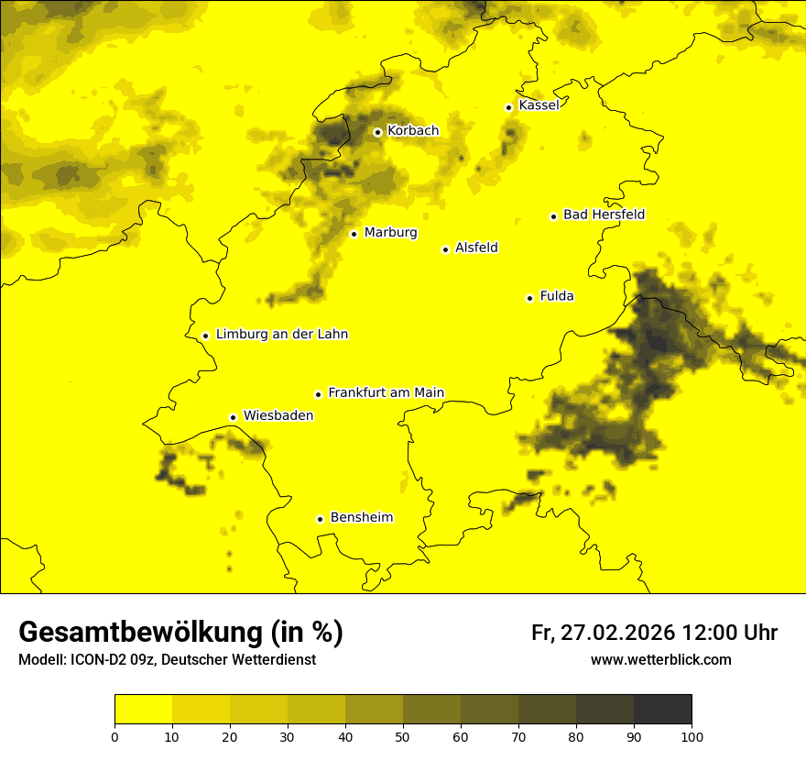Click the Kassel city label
click(539, 105)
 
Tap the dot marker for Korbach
click(377, 132)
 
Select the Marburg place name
click(390, 233)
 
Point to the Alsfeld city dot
click(446, 249)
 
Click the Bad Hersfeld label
click(604, 215)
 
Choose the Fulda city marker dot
click(529, 298)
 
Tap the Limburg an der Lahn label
click(282, 335)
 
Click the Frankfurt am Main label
click(386, 392)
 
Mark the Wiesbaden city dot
click(234, 417)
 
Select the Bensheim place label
click(361, 517)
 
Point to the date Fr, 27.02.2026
click(603, 633)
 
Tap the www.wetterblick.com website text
click(660, 659)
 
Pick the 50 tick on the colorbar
click(403, 735)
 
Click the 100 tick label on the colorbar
click(692, 735)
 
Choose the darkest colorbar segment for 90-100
click(662, 709)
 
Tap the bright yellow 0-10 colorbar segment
click(143, 709)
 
